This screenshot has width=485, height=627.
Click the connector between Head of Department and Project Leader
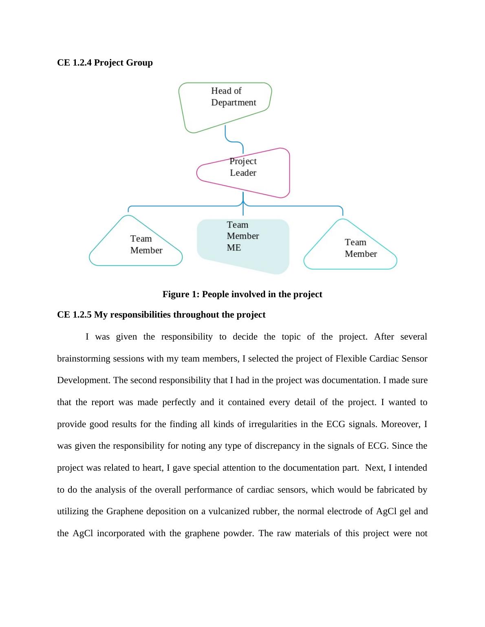tap(234, 140)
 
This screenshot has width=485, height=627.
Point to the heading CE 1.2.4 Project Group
tap(105, 63)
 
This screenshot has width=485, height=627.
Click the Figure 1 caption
tap(242, 294)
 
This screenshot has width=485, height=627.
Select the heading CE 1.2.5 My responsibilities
tap(161, 315)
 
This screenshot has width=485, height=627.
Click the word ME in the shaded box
tap(234, 248)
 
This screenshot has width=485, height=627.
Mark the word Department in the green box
tap(234, 103)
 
